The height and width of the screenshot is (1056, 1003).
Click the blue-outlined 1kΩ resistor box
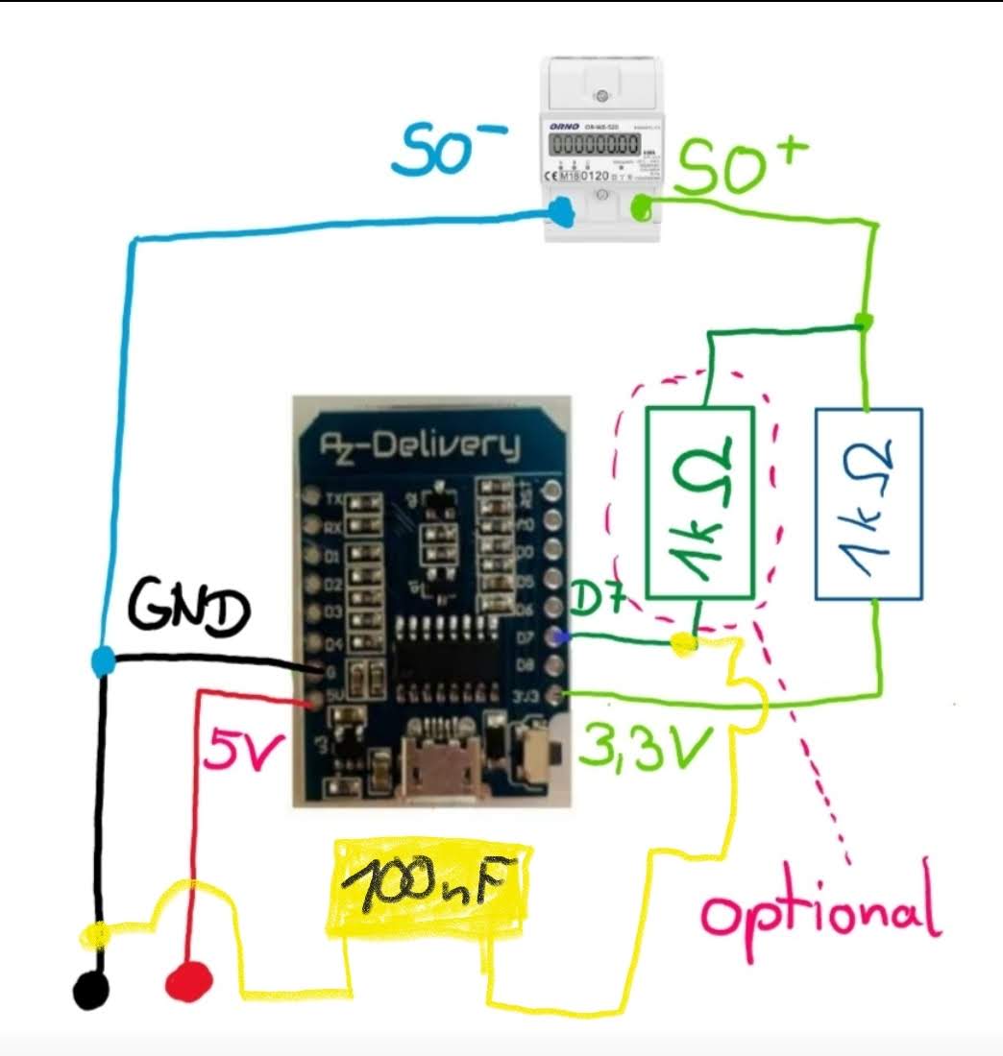(868, 503)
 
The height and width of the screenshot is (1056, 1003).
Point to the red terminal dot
(188, 981)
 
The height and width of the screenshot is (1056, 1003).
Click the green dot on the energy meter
(639, 205)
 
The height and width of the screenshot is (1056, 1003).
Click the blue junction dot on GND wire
(103, 660)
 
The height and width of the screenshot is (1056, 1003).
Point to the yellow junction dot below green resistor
(684, 645)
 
